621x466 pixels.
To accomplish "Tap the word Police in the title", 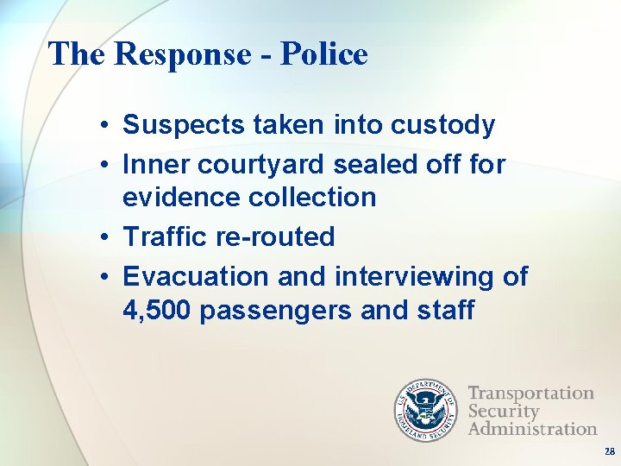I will (x=323, y=54).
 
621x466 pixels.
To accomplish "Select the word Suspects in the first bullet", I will (x=184, y=125).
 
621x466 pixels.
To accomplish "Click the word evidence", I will (x=181, y=197).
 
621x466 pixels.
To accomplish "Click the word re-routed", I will (x=275, y=236).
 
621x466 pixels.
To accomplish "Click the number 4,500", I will (x=157, y=310).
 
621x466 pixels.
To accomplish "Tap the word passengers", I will (x=276, y=310).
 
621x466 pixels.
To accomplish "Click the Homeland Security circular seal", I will (x=428, y=411).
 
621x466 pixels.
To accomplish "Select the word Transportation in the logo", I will (x=530, y=394).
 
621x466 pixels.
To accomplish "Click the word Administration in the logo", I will (x=532, y=429).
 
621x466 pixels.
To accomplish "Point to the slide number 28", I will (x=610, y=451).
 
